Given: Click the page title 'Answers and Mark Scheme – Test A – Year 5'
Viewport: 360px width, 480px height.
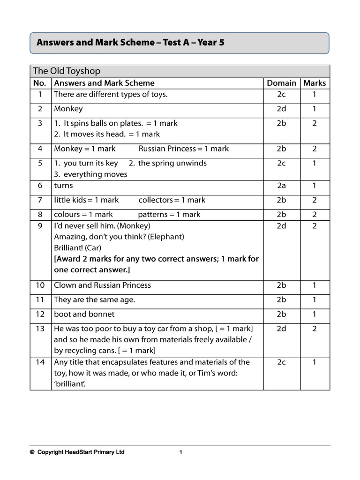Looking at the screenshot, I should point(130,43).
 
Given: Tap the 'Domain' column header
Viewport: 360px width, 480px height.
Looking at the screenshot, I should point(281,83).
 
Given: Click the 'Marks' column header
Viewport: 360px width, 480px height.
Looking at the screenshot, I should point(315,83).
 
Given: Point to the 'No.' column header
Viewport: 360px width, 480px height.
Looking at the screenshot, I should point(40,83).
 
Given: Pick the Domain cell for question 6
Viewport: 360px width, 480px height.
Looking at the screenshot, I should point(281,186).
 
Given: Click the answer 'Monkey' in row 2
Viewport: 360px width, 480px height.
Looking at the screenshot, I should point(68,109).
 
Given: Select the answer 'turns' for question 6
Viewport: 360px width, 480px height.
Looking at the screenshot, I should point(63,186).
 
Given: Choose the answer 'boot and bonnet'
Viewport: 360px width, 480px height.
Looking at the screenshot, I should point(84,314).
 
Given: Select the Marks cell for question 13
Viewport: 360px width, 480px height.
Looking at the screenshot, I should point(315,329).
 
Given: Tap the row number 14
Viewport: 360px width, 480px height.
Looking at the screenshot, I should point(40,362).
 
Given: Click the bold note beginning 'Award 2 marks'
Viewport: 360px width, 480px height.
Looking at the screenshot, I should point(156,264).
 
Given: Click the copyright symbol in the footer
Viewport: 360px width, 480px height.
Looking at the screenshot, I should point(32,452).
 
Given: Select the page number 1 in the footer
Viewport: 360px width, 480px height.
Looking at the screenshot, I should point(180,452).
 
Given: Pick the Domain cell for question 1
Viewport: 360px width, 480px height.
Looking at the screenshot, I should point(281,94).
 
